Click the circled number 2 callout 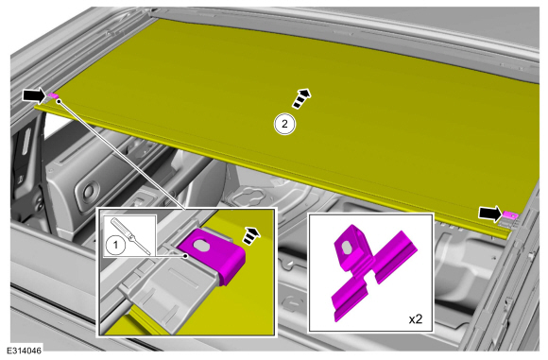point(284,124)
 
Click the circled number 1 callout point(115,245)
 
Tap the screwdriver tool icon point(130,236)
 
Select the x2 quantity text point(416,318)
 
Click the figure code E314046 point(25,351)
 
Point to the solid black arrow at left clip point(34,95)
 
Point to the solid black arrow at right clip point(490,214)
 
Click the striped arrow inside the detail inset point(251,235)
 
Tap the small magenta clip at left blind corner point(54,95)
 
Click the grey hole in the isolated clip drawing point(348,248)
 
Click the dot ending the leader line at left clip point(60,101)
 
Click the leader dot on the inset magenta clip point(186,256)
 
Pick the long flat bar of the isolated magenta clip point(374,276)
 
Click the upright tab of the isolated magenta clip point(350,247)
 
